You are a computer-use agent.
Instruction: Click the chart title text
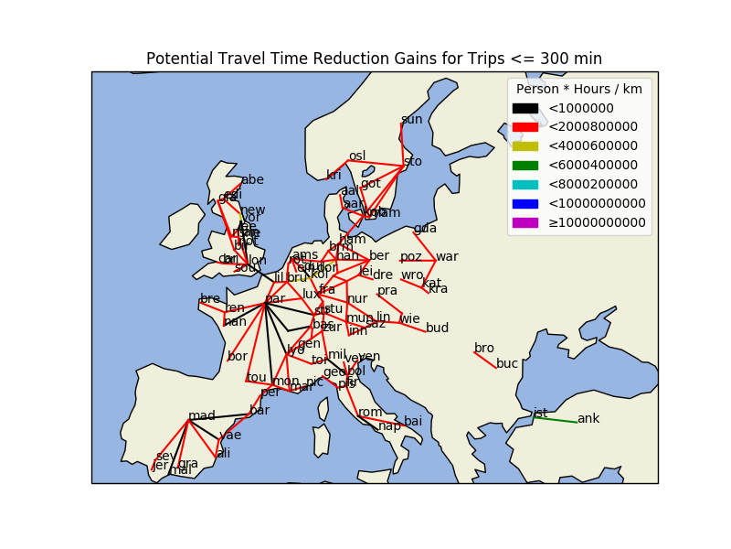point(374,59)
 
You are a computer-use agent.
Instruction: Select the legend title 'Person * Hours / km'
point(579,90)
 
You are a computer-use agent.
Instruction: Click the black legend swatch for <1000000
point(524,108)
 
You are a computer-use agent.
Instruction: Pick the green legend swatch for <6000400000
point(524,165)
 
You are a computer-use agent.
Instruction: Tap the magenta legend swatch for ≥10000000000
point(524,222)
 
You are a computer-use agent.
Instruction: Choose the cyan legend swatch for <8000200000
point(524,184)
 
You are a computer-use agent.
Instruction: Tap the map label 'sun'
point(412,119)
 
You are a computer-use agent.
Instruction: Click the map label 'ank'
point(588,419)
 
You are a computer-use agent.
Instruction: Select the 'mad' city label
point(202,415)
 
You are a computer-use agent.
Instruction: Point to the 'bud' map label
point(438,328)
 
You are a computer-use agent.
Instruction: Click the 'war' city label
point(447,256)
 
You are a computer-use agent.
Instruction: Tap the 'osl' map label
point(357,156)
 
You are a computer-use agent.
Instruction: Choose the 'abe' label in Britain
point(252,179)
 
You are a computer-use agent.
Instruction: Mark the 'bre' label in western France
point(210,298)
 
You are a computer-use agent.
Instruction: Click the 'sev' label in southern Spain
point(164,456)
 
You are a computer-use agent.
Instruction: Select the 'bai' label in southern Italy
point(413,421)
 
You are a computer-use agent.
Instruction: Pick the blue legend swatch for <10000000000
point(524,203)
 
